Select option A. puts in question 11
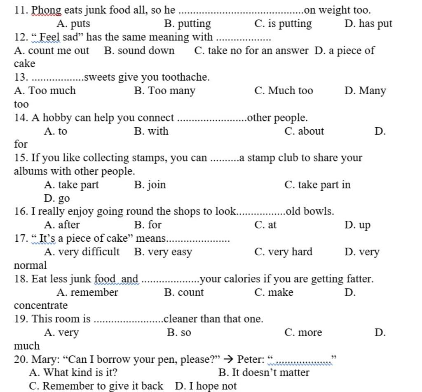tap(73, 24)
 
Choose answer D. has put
tap(368, 24)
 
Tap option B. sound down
tap(139, 51)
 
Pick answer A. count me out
tap(51, 51)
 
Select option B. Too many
tap(164, 91)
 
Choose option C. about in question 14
tap(304, 131)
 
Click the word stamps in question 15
tap(147, 158)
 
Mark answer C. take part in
tap(317, 185)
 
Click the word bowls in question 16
tap(320, 212)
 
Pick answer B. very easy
tap(163, 252)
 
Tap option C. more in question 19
tap(303, 333)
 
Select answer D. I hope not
tap(206, 386)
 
